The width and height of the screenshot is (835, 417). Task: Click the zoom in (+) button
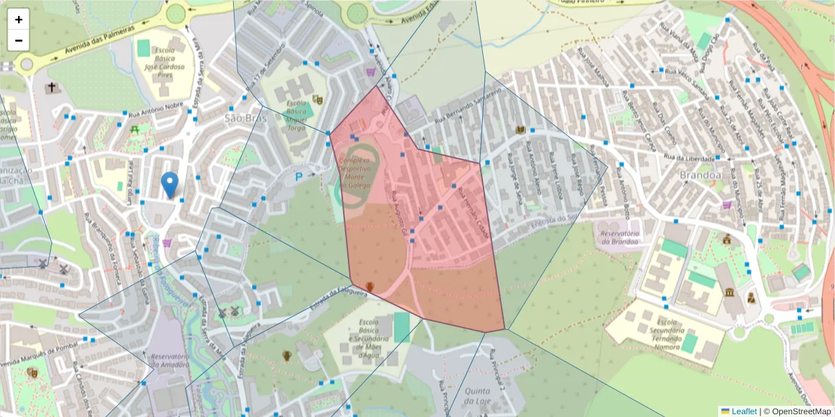[19, 19]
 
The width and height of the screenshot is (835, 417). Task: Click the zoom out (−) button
[19, 40]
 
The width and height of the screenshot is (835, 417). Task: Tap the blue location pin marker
[169, 185]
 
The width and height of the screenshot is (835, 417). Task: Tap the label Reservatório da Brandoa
[619, 237]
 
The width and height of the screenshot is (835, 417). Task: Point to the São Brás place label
[246, 118]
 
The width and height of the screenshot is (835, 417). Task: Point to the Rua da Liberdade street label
[690, 157]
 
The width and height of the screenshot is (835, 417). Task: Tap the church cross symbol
[51, 88]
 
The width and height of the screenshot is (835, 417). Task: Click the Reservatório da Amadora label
[169, 360]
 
